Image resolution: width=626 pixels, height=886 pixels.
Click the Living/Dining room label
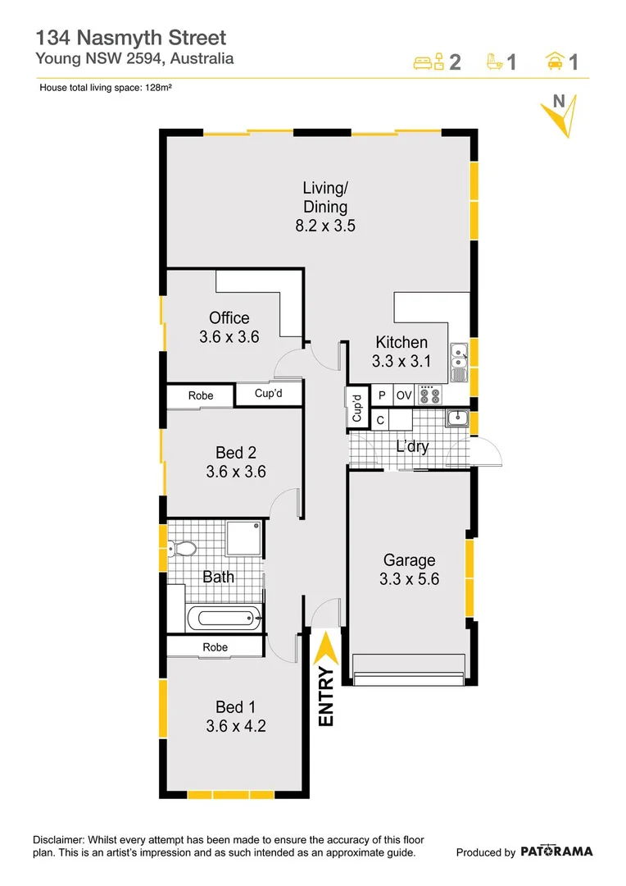(325, 208)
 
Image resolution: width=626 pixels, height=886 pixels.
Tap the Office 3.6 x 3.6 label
(229, 327)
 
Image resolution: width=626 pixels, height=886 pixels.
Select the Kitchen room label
(401, 351)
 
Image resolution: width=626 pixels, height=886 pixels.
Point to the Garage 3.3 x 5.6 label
(409, 569)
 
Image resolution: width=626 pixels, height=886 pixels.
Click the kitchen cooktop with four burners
(429, 395)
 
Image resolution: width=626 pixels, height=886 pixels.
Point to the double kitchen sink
(458, 363)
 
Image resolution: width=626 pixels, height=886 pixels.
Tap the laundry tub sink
(456, 419)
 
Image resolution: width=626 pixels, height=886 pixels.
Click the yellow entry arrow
(326, 649)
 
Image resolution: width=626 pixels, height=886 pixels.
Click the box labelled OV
(404, 395)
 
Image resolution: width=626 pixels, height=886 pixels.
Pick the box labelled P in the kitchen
(382, 395)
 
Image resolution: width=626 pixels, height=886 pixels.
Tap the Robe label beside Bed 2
(201, 395)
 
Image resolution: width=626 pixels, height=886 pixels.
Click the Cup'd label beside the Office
(269, 394)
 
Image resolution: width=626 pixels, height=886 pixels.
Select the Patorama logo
(556, 852)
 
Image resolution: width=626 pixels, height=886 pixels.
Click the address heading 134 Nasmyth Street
(131, 38)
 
